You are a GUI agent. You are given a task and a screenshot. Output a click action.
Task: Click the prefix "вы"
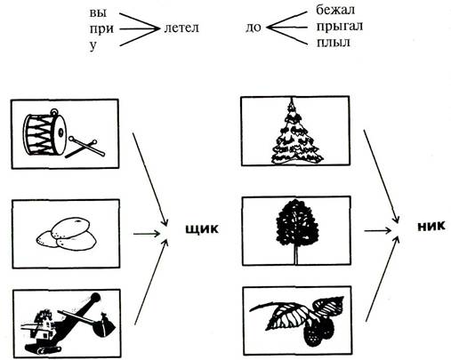[x=98, y=13]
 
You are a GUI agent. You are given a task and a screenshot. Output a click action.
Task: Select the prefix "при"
[x=101, y=29]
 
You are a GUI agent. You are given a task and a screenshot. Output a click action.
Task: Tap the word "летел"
[x=181, y=28]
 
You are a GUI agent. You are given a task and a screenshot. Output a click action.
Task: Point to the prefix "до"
[x=254, y=28]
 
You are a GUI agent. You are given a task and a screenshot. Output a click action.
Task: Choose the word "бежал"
[x=335, y=10]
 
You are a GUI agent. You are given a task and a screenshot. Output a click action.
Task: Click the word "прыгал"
[x=340, y=27]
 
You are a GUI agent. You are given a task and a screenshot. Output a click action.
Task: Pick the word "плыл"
[x=334, y=43]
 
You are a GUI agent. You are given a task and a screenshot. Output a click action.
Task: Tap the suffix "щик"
[x=202, y=229]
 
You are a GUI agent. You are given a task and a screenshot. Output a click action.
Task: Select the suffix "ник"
[x=431, y=226]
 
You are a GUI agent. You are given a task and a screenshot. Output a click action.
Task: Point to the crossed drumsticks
[x=85, y=148]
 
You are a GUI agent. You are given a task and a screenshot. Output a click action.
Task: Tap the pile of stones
[x=66, y=234]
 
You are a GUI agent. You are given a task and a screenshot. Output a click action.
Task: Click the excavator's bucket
[x=104, y=325]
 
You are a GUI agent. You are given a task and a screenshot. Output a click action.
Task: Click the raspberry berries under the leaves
[x=319, y=330]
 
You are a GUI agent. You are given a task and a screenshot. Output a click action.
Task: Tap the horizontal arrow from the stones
[x=147, y=234]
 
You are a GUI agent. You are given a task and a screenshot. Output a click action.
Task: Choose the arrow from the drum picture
[x=150, y=180]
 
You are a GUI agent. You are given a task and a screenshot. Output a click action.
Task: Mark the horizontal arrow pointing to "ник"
[x=378, y=230]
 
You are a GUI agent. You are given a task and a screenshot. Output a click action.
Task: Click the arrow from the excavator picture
[x=151, y=282]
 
